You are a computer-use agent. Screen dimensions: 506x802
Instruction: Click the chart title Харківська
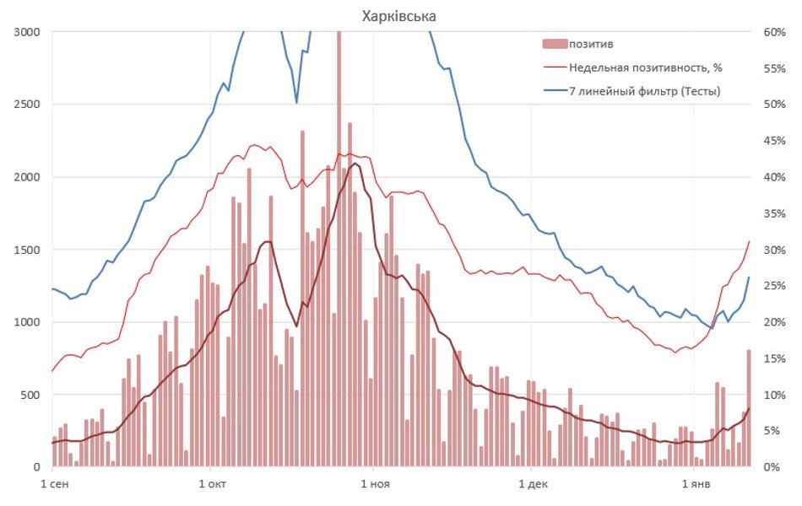click(x=399, y=16)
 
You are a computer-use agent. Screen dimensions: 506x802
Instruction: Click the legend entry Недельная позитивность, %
click(x=646, y=67)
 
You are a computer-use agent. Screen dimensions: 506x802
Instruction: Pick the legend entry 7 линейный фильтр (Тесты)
click(x=645, y=90)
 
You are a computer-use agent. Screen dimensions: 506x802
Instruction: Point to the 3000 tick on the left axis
click(x=28, y=32)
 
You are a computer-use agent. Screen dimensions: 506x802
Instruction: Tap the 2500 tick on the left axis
click(x=28, y=105)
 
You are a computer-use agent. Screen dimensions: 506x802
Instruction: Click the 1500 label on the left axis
click(x=28, y=250)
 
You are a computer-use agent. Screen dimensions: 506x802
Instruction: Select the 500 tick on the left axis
click(x=31, y=395)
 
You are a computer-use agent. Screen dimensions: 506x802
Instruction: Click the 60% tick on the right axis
click(x=774, y=32)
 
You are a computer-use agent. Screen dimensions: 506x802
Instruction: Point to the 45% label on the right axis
click(x=774, y=141)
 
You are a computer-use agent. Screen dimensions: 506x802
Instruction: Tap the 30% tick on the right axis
click(x=774, y=250)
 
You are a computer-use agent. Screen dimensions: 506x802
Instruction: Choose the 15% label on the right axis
click(x=774, y=358)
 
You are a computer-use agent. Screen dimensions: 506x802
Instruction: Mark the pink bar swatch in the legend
click(x=554, y=44)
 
